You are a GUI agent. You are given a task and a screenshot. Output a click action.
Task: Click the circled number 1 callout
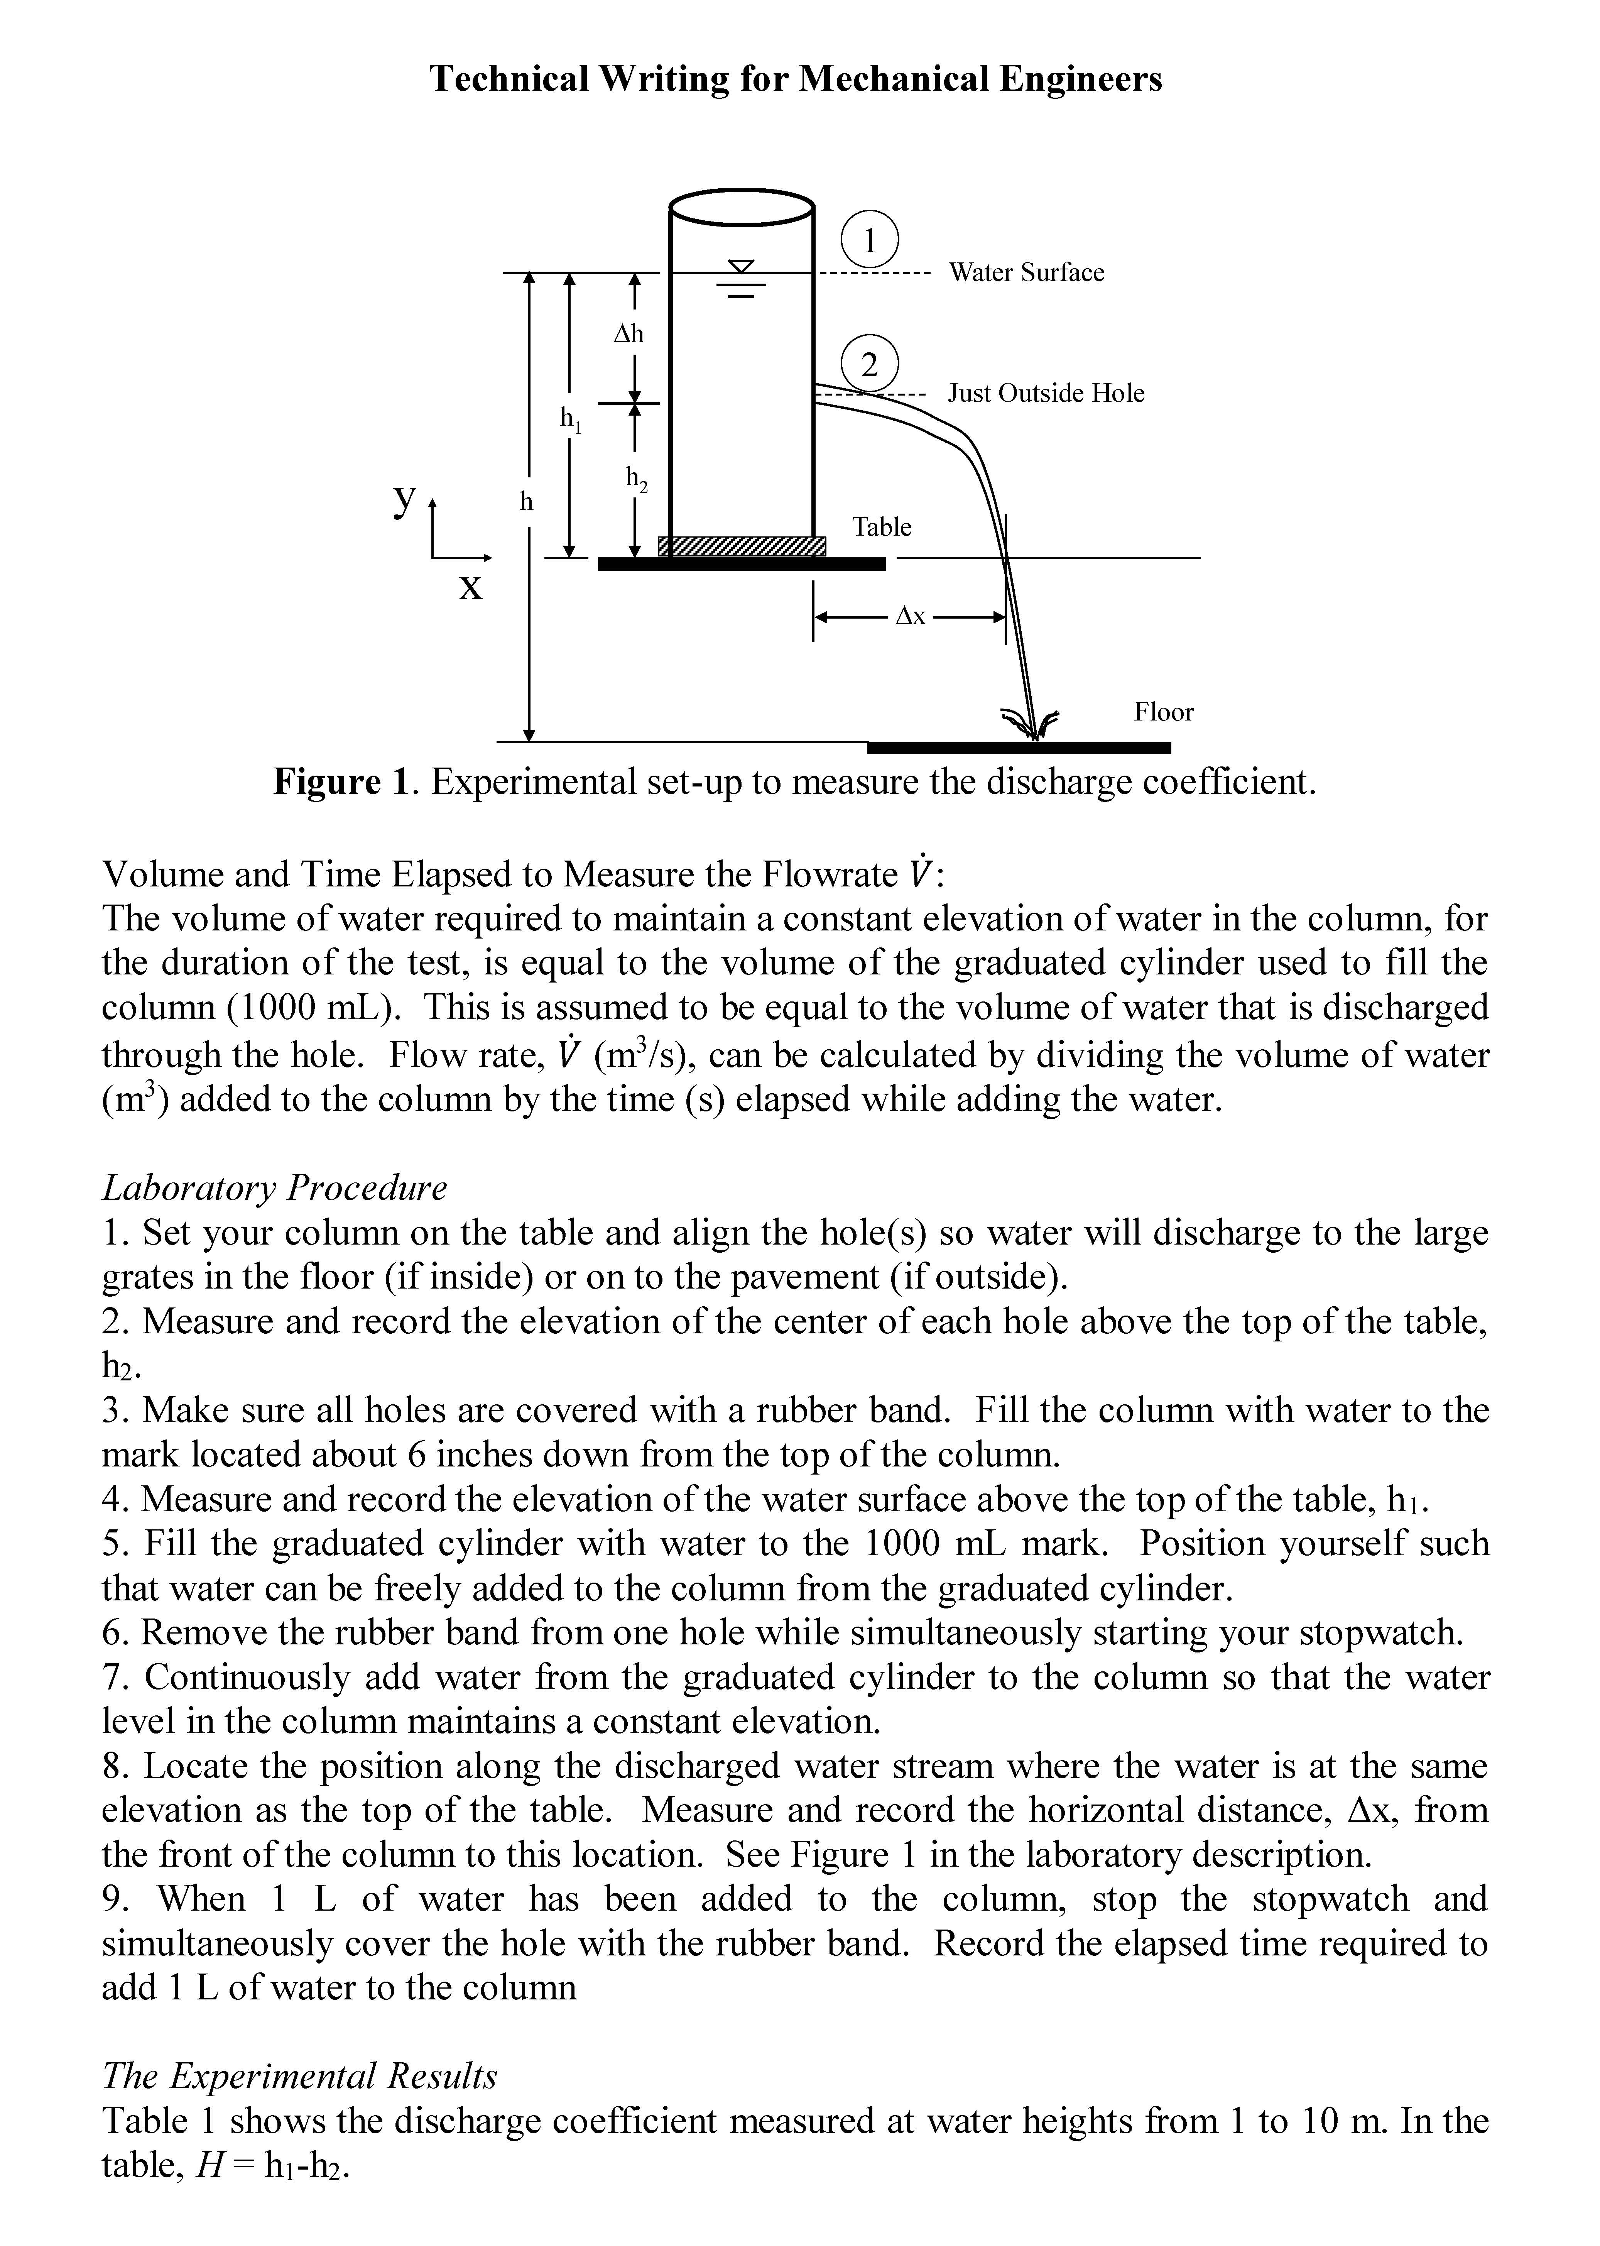869,240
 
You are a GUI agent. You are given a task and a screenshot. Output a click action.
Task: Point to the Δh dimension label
629,334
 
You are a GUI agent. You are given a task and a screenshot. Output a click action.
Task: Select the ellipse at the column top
741,207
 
